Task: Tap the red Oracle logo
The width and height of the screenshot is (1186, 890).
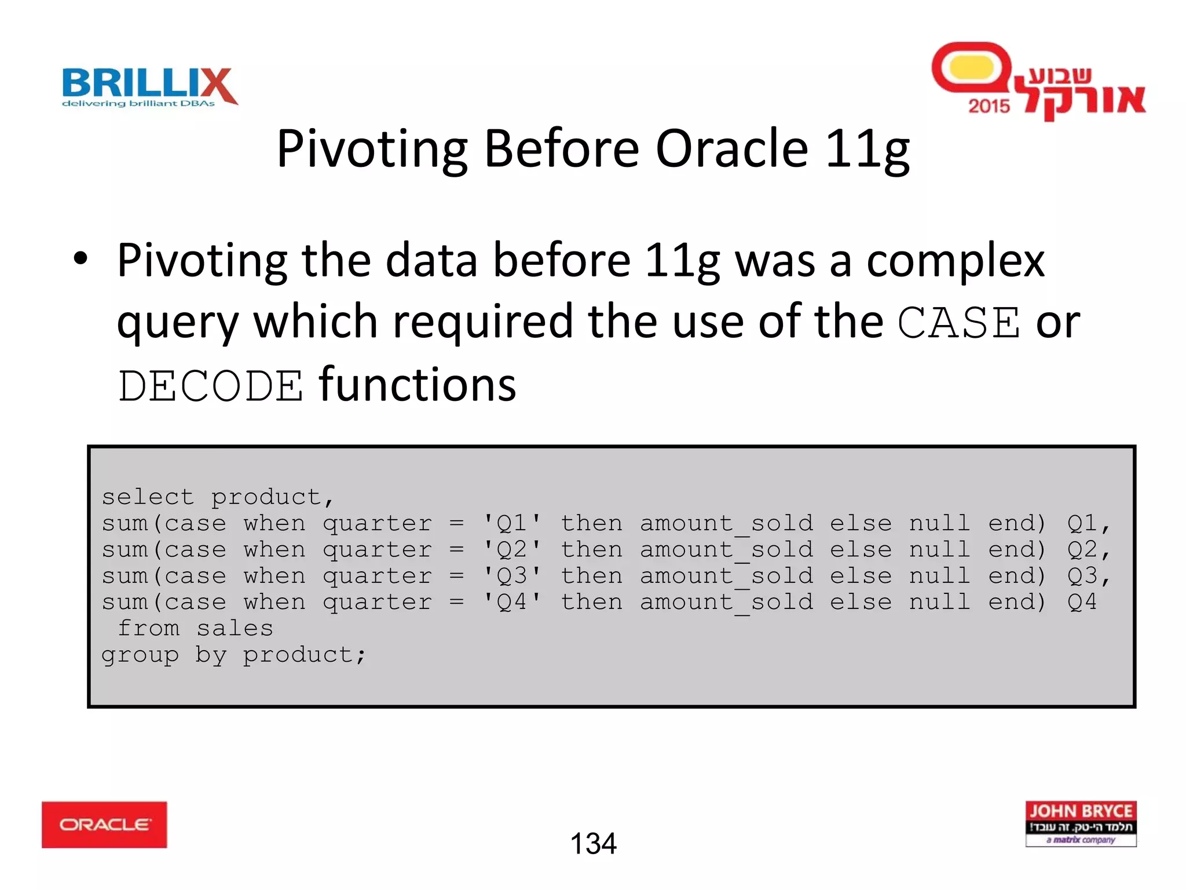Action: pos(104,825)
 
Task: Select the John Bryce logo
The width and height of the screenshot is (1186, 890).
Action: pos(1081,823)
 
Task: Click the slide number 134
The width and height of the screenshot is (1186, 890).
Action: pos(593,844)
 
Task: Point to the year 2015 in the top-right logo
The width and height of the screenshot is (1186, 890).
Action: pos(989,106)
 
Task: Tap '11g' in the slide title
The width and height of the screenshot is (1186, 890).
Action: pos(867,149)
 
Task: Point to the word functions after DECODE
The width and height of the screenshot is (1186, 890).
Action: pos(417,384)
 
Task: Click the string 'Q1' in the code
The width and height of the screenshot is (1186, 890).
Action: pos(512,523)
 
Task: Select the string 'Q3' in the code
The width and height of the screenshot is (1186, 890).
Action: pos(512,576)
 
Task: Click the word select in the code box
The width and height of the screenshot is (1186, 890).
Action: pos(148,497)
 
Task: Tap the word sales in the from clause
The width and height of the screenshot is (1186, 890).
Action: pos(235,628)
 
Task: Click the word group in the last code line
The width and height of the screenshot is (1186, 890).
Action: pos(140,655)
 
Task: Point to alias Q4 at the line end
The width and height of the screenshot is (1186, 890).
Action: pos(1082,602)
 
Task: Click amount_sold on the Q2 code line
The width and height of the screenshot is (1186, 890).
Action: pos(726,550)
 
